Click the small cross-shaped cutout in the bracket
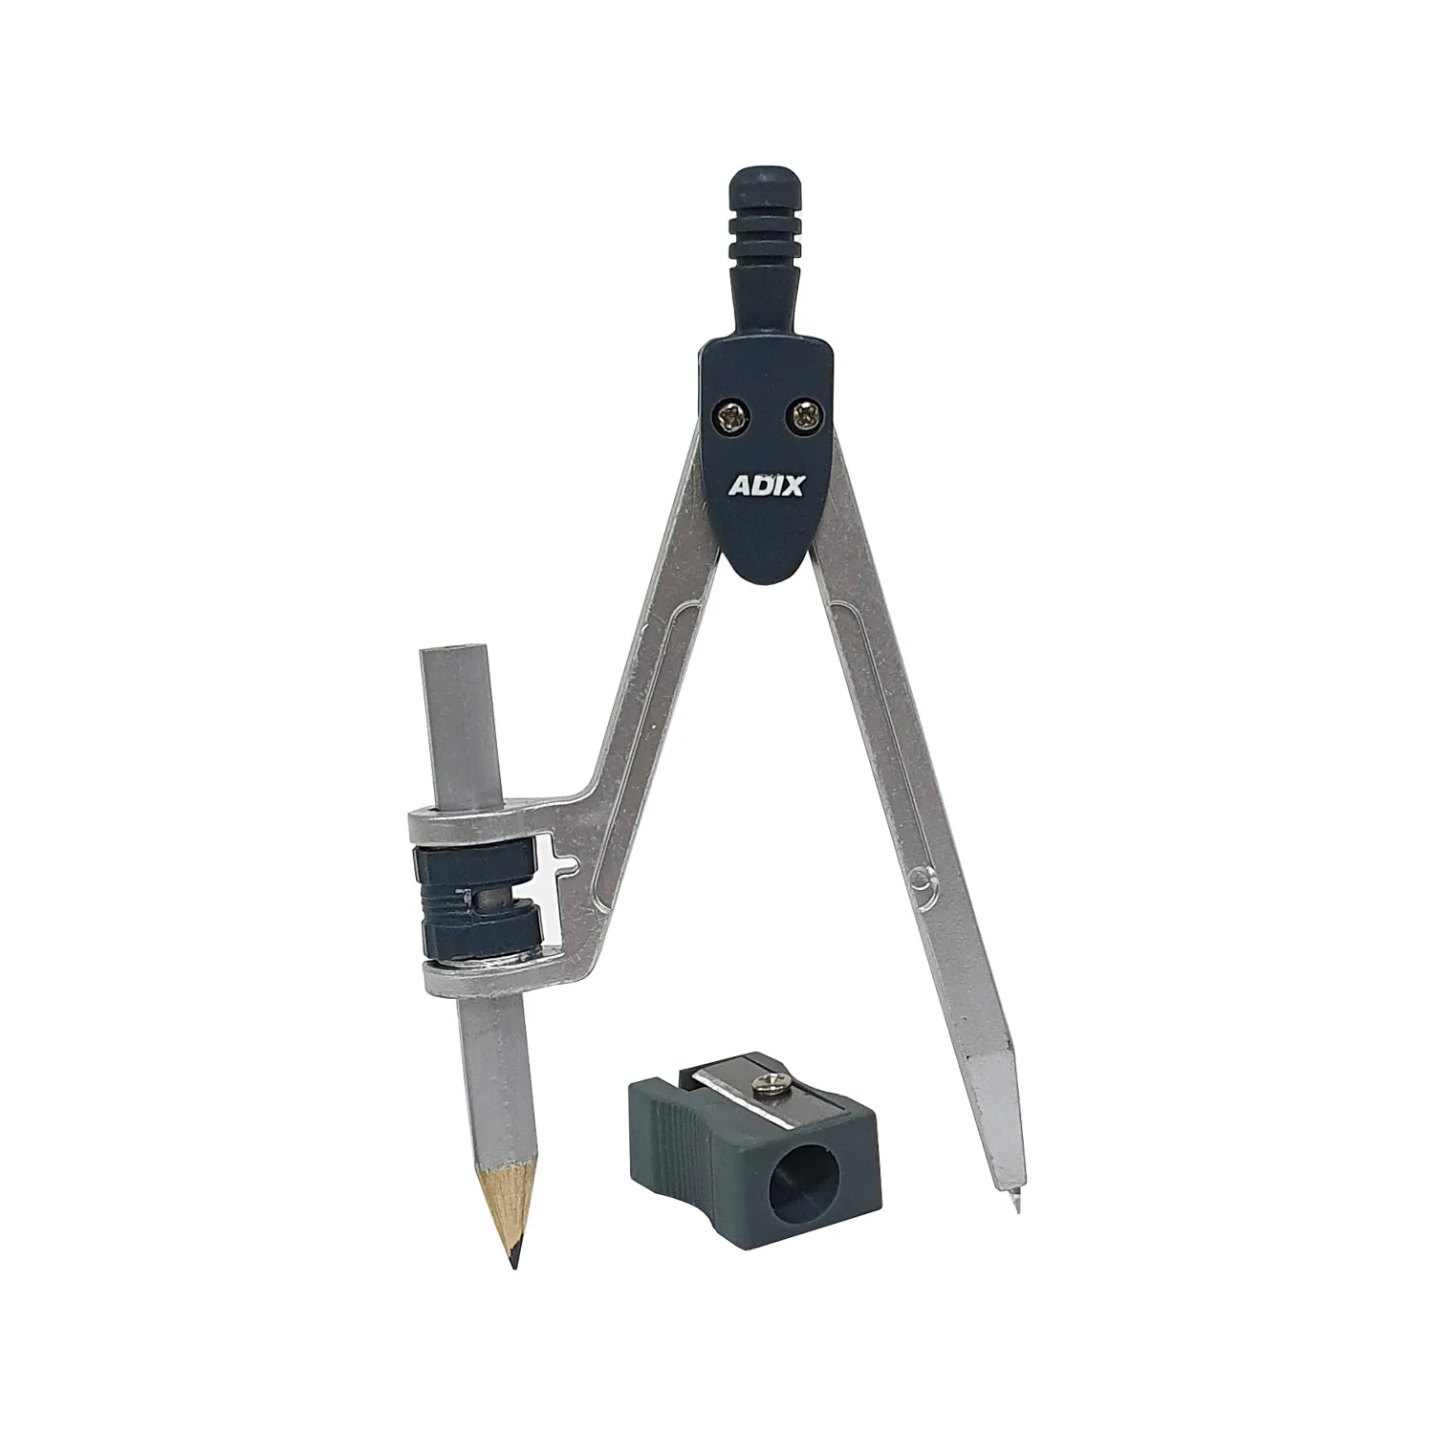pyautogui.click(x=558, y=865)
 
